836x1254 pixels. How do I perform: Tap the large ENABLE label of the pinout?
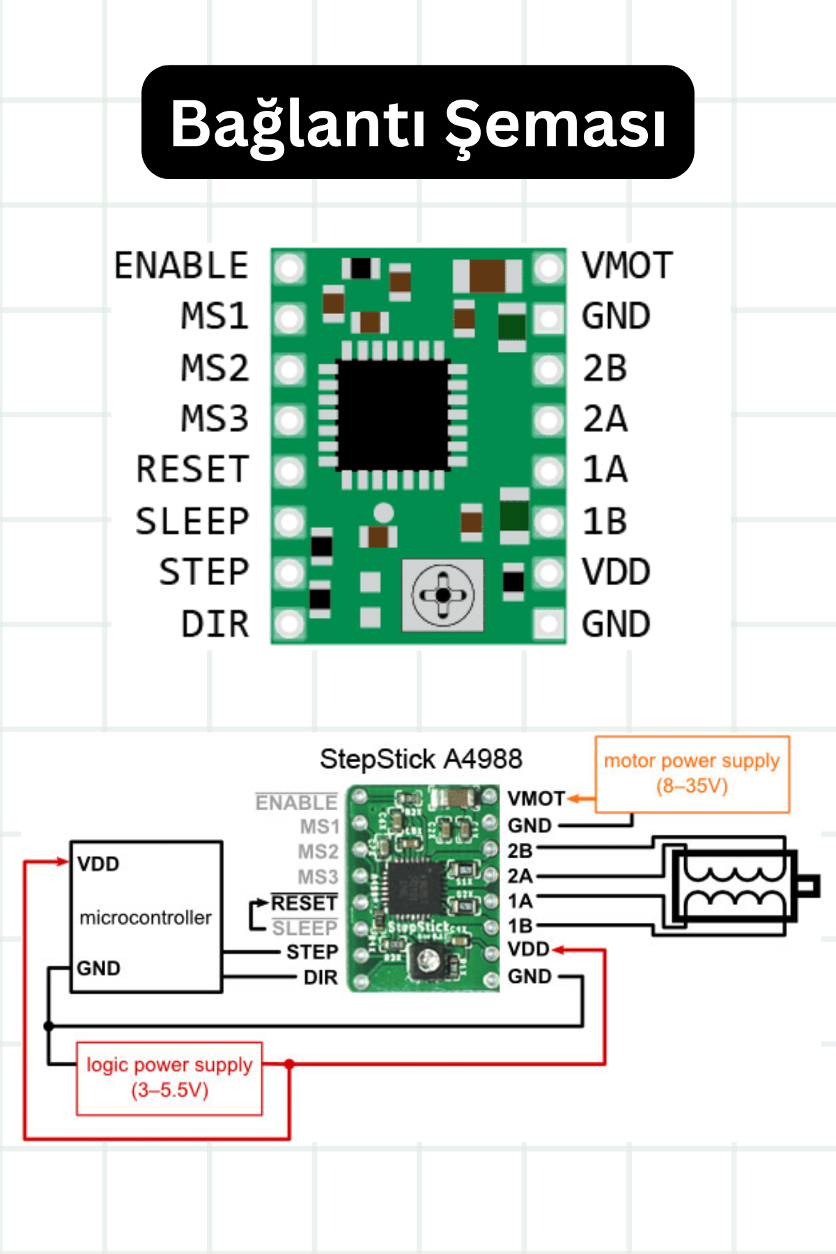point(181,265)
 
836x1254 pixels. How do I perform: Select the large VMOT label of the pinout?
point(627,265)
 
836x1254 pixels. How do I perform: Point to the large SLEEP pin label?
point(192,521)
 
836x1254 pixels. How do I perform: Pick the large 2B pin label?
point(605,368)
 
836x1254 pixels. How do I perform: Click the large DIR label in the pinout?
point(215,624)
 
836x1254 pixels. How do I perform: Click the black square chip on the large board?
point(393,415)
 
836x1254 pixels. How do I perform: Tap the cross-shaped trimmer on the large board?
point(442,595)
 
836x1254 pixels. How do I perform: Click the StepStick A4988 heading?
point(421,759)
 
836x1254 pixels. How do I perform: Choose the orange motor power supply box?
point(692,774)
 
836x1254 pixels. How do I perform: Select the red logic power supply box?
point(169,1078)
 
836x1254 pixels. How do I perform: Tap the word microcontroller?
point(146,918)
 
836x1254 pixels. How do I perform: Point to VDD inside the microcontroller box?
point(98,864)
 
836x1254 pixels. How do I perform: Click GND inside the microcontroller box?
point(98,968)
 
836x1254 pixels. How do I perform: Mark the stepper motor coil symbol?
point(733,885)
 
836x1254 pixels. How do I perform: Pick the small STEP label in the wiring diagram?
point(312,952)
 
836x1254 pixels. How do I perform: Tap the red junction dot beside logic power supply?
point(289,1064)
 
